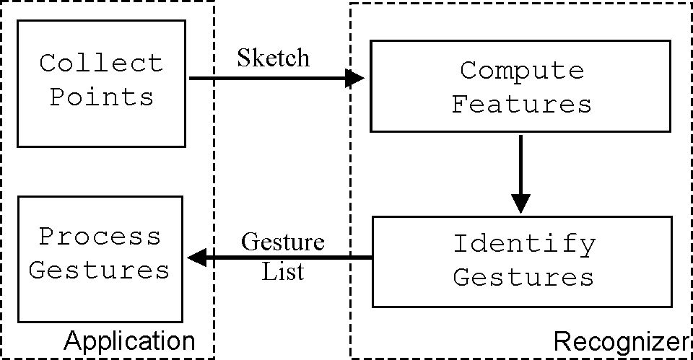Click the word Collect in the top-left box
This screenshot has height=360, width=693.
101,63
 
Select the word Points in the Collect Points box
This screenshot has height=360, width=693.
102,97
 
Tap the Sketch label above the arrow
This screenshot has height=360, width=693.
273,57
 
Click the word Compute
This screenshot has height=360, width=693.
521,71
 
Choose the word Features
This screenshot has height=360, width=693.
521,105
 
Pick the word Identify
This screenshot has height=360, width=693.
524,244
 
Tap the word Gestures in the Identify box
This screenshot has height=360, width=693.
524,277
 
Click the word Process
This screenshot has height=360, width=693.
100,237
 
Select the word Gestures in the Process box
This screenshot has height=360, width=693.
100,270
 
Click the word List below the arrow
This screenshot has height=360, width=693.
282,272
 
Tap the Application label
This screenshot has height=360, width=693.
130,341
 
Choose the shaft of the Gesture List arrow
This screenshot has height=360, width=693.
289,257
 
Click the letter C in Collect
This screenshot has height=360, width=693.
48,63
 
